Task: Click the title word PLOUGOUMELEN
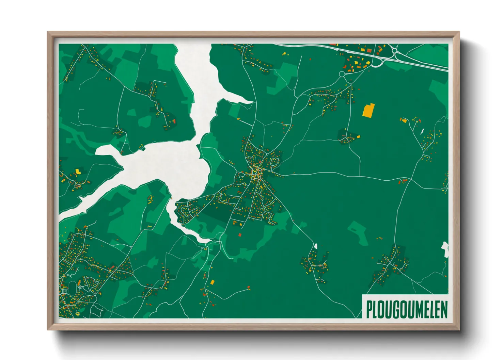click(407, 309)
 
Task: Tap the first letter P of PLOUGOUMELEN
click(368, 310)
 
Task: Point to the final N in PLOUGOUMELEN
click(444, 310)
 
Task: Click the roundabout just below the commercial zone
click(342, 74)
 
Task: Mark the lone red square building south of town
click(239, 235)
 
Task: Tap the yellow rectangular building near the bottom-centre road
click(212, 282)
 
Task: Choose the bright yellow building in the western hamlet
click(78, 171)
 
